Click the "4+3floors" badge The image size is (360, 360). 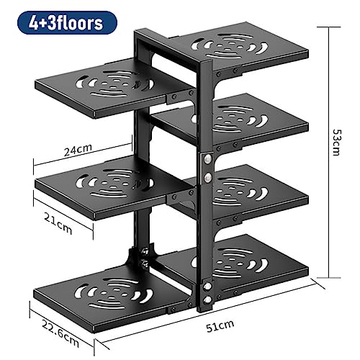67,23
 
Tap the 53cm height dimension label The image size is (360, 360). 336,143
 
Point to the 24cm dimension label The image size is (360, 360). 78,150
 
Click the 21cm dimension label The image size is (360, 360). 58,224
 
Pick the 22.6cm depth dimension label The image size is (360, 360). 60,333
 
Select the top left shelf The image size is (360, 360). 103,88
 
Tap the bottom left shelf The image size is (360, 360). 110,297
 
